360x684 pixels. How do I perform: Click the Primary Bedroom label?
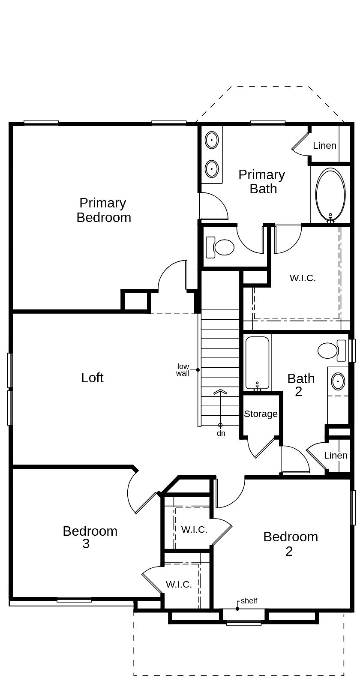[x=104, y=210]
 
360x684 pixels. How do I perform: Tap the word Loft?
[x=92, y=378]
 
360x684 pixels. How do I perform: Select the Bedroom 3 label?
[x=90, y=537]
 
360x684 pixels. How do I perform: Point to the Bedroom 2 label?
[x=290, y=543]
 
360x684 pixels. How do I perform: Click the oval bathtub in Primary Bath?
[x=330, y=195]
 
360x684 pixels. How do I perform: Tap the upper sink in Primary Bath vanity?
[x=212, y=140]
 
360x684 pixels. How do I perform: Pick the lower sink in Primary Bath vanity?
[x=212, y=169]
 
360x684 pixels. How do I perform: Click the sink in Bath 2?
[x=338, y=381]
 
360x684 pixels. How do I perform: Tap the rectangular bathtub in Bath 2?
[x=257, y=363]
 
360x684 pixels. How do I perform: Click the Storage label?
[x=261, y=414]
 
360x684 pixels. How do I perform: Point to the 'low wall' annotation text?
[x=183, y=370]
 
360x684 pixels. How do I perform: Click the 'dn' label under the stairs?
[x=221, y=433]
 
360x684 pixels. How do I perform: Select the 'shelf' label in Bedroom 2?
[x=249, y=601]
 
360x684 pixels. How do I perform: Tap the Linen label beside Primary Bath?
[x=324, y=146]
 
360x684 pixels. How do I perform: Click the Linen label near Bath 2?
[x=336, y=455]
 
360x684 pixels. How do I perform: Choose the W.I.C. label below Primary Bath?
[x=303, y=278]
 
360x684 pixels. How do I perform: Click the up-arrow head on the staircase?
[x=220, y=391]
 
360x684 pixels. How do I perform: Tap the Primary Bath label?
[x=262, y=181]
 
